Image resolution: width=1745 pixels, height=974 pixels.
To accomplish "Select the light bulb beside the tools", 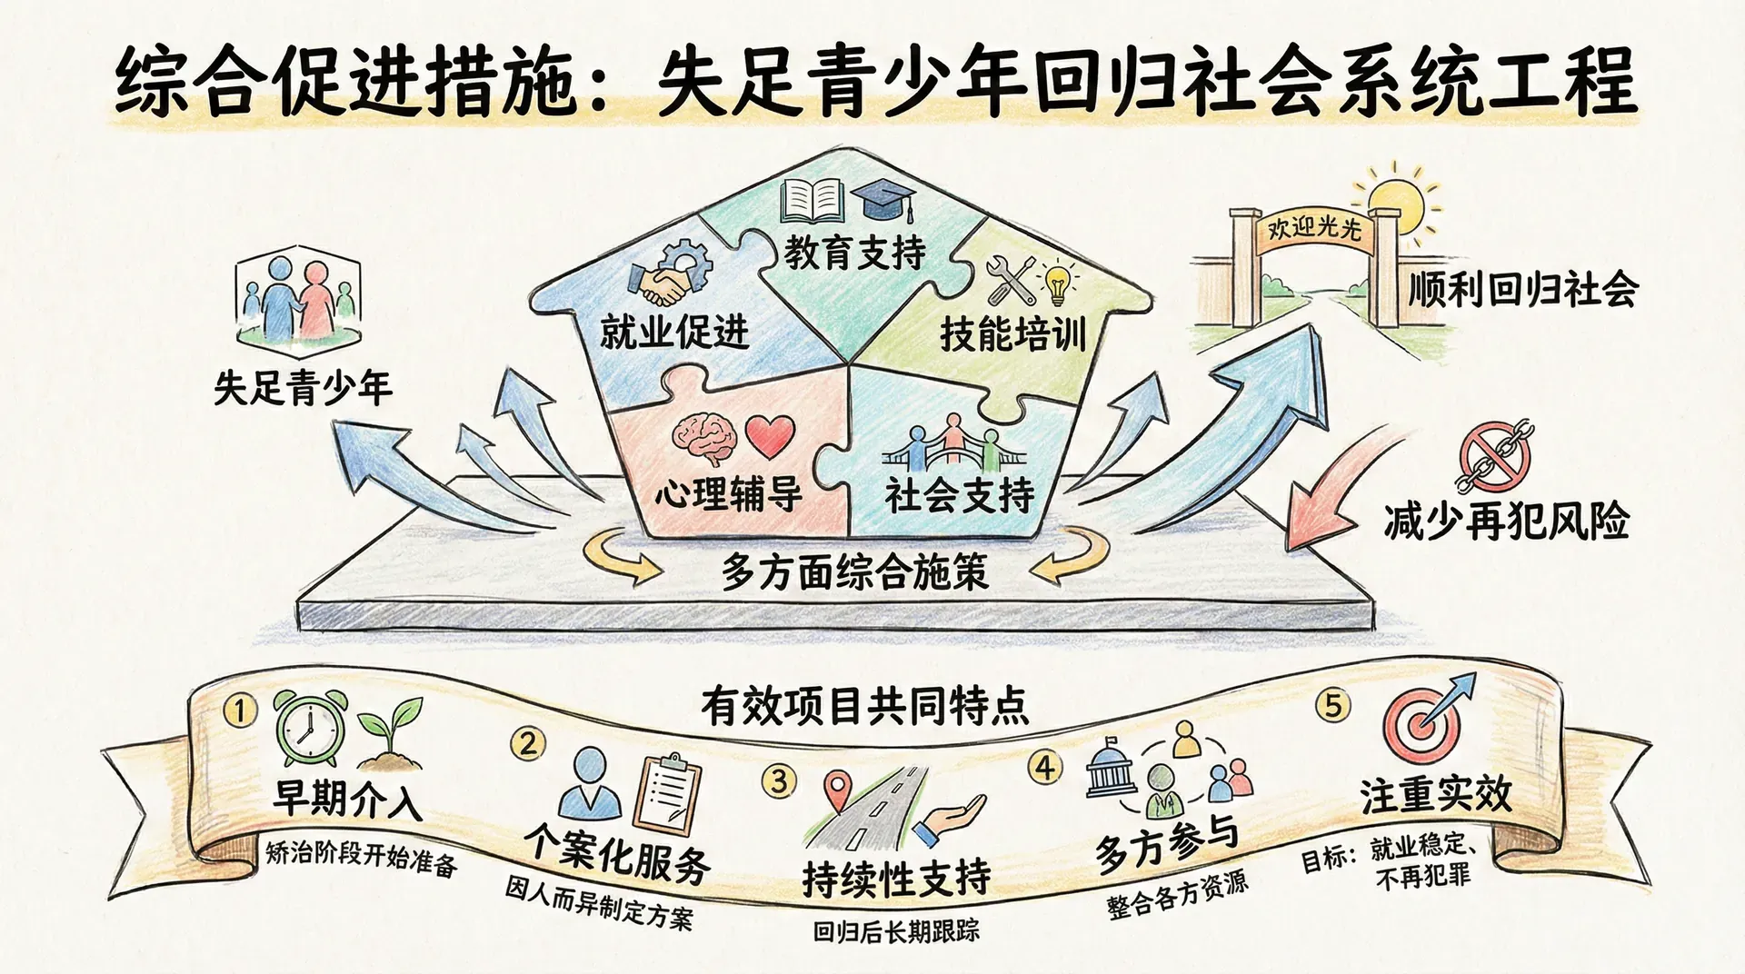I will pos(1057,283).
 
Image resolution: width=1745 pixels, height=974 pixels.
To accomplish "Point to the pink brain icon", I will pos(703,435).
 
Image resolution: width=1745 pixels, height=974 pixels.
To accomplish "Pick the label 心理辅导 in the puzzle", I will pos(728,495).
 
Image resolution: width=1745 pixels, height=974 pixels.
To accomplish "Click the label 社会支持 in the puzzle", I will pos(960,495).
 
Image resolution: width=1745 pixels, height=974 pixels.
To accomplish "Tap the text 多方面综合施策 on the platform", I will pos(854,571).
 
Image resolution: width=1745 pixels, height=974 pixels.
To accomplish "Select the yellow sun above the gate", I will pos(1395,204).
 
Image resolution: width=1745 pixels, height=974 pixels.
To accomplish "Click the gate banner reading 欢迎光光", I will pos(1314,227).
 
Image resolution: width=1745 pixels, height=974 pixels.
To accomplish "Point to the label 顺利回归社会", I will pos(1522,290).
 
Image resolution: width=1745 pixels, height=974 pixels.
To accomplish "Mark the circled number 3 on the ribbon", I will pos(779,780).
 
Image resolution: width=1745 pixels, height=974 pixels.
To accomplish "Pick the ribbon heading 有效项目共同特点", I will pos(864,707).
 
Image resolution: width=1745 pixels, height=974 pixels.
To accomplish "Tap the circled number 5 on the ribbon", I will pos(1333,705).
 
